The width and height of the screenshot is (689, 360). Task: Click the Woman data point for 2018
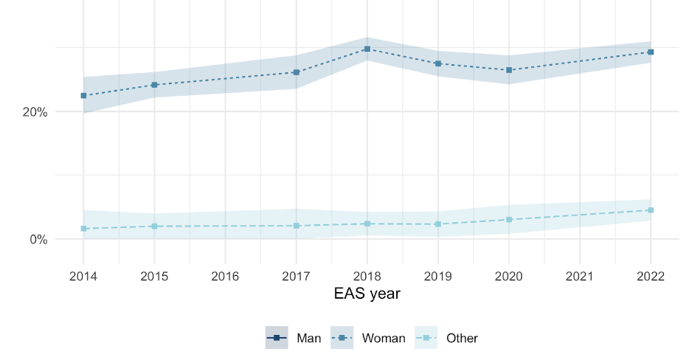pos(367,49)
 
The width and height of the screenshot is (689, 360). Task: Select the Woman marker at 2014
pos(83,96)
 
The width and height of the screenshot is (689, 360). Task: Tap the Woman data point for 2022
pos(651,52)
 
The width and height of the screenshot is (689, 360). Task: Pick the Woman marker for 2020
pos(509,70)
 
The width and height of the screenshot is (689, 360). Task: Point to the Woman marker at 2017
pos(297,72)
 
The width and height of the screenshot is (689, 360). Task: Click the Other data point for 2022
pos(651,210)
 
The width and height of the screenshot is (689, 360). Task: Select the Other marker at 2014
pos(83,229)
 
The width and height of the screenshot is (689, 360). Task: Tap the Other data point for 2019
pos(438,224)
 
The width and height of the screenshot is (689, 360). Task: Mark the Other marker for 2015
pos(154,226)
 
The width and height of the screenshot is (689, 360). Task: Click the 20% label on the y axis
pos(35,113)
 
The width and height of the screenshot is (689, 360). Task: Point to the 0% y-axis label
pos(38,240)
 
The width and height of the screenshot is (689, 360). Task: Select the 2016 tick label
pos(225,277)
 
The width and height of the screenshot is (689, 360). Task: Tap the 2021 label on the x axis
pos(580,277)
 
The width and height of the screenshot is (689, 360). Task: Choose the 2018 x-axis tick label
pos(367,277)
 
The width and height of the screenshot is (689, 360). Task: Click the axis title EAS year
pos(367,294)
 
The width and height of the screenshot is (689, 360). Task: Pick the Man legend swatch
pos(277,338)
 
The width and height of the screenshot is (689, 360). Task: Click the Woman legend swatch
pos(342,338)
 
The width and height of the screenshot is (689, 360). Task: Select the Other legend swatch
pos(426,338)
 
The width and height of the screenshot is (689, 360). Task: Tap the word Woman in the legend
pos(384,339)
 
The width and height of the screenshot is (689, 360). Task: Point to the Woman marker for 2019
pos(438,64)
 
